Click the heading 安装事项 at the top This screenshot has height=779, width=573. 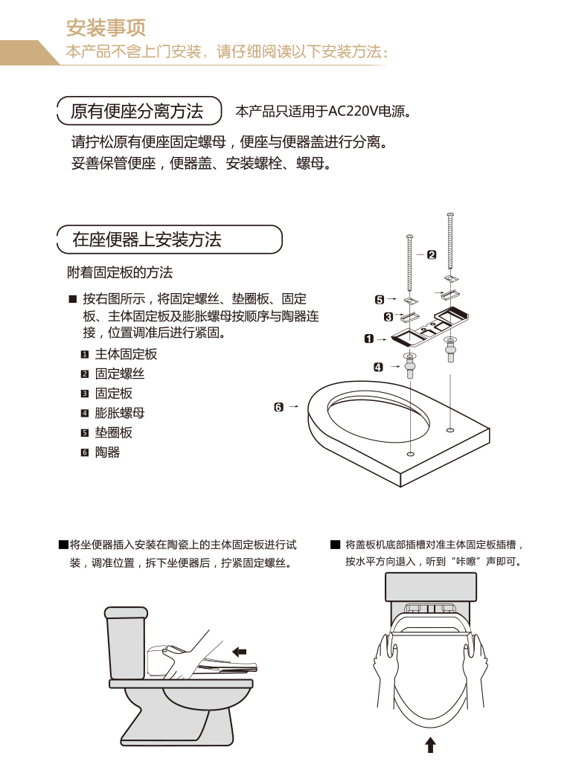[x=106, y=28]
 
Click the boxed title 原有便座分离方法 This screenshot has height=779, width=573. [x=137, y=112]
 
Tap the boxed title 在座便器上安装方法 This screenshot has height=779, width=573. [x=147, y=240]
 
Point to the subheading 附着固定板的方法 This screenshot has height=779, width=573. [x=120, y=273]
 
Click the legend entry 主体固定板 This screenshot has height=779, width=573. [x=126, y=354]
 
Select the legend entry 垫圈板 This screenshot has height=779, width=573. [x=113, y=432]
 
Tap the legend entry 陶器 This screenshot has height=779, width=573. [x=107, y=452]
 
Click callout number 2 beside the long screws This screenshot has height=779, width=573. [x=432, y=254]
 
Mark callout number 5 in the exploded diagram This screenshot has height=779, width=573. [x=380, y=300]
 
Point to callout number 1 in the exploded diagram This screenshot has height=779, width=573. [x=368, y=339]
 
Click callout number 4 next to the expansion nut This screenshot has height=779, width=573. [x=378, y=367]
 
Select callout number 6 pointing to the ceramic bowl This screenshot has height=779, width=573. [x=278, y=407]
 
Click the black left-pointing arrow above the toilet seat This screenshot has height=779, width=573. [x=239, y=652]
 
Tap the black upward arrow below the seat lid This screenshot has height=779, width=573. [x=430, y=745]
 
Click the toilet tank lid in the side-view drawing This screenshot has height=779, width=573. [x=126, y=612]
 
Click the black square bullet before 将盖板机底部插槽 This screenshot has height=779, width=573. [x=336, y=545]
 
